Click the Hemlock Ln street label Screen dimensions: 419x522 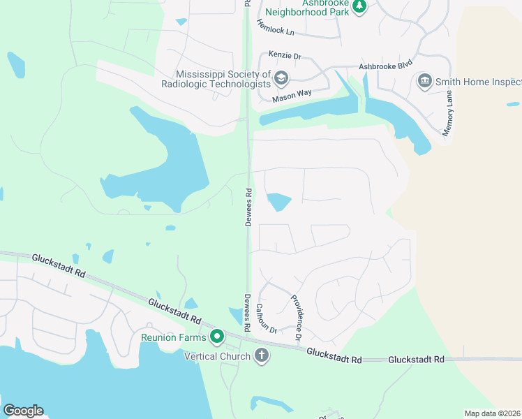(276, 27)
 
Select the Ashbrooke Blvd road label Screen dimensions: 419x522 (381, 66)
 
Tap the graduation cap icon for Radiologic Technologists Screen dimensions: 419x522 (282, 78)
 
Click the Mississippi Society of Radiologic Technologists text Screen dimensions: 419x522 (223, 78)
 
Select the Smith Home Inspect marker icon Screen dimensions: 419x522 (424, 81)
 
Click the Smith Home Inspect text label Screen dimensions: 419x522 (478, 82)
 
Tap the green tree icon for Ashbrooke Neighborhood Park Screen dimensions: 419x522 (359, 6)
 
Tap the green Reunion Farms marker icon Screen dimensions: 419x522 (217, 337)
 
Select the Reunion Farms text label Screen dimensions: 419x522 (174, 338)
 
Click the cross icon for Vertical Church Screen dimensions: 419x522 (262, 356)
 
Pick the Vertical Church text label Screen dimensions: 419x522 (217, 357)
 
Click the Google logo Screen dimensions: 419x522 (23, 411)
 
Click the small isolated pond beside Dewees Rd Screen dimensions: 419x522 (278, 202)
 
